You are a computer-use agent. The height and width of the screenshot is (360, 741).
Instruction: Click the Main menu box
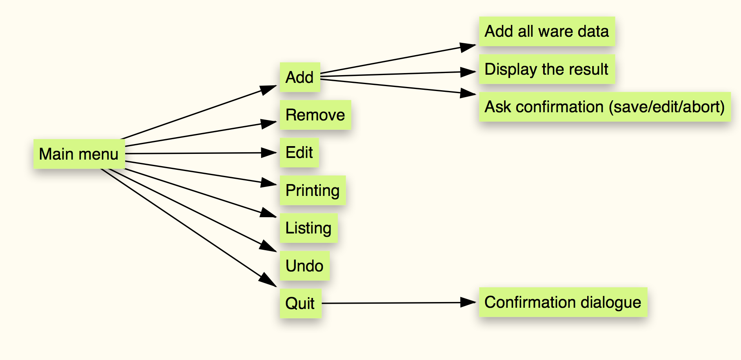pyautogui.click(x=79, y=154)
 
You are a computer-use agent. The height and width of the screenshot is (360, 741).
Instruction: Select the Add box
pyautogui.click(x=300, y=77)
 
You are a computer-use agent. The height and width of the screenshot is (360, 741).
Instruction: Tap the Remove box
pyautogui.click(x=315, y=115)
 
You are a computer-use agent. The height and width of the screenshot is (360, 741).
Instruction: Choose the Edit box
pyautogui.click(x=299, y=153)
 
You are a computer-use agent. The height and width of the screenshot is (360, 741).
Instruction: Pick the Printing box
pyautogui.click(x=313, y=191)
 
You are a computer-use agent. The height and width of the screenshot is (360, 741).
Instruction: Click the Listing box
pyautogui.click(x=308, y=228)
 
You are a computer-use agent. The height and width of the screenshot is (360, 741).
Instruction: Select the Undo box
pyautogui.click(x=304, y=266)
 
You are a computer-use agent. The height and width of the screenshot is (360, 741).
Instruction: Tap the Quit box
pyautogui.click(x=300, y=304)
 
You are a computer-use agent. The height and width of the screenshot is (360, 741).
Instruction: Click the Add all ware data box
pyautogui.click(x=546, y=31)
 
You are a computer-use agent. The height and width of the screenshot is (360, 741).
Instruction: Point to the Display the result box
pyautogui.click(x=546, y=69)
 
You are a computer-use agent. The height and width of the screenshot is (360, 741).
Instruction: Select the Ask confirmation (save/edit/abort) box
pyautogui.click(x=604, y=107)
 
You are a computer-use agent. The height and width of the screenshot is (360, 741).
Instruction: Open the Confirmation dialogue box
pyautogui.click(x=563, y=302)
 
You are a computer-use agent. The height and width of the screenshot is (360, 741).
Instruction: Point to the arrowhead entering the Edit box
pyautogui.click(x=269, y=153)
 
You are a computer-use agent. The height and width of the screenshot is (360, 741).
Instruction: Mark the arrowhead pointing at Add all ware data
pyautogui.click(x=468, y=47)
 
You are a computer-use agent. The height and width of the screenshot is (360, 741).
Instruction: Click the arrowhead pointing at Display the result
pyautogui.click(x=468, y=72)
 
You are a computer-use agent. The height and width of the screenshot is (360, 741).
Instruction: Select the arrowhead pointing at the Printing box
pyautogui.click(x=269, y=183)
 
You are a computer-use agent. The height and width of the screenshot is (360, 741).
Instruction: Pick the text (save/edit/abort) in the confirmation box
pyautogui.click(x=667, y=107)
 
